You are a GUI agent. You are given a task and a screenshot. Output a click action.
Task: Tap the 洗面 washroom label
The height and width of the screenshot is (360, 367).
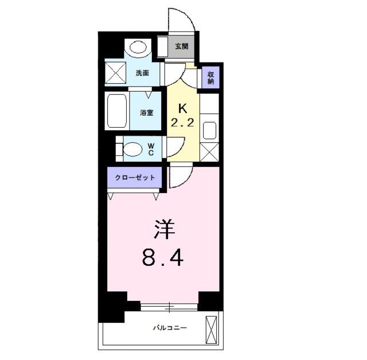pos(142,73)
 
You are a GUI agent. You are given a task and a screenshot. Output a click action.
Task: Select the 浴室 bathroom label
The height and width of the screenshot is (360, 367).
pos(147,112)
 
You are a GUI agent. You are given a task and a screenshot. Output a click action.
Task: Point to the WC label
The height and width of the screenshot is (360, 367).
pos(151,149)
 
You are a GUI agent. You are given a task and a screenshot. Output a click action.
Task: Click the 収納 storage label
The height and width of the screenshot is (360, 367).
pos(211,77)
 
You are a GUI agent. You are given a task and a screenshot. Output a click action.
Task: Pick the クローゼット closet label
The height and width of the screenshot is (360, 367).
pos(135,178)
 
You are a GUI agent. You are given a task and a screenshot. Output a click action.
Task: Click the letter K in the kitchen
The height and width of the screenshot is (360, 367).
pos(183,108)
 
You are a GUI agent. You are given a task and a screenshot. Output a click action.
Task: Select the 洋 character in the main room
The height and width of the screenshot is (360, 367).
pos(163,230)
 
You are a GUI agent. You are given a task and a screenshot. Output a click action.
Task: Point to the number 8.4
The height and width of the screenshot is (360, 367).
pos(163,259)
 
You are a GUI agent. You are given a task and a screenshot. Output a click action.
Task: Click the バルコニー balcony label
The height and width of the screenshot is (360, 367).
pos(170,327)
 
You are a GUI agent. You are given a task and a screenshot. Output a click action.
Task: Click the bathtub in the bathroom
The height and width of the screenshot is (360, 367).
pos(117,112)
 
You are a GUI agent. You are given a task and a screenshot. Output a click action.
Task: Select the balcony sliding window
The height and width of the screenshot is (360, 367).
pos(170,306)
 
